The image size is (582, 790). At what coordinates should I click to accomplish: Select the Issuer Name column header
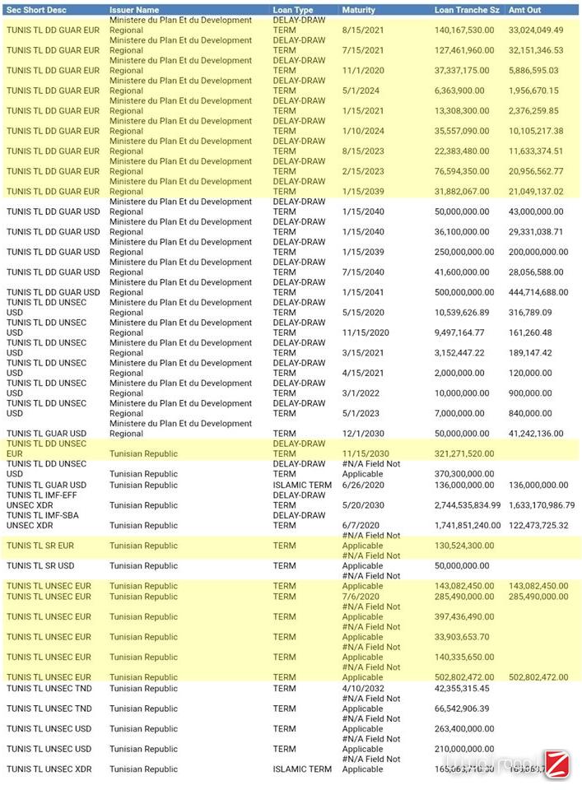(134, 10)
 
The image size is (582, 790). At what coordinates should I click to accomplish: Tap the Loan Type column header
(293, 10)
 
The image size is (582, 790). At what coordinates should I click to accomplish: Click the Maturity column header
(358, 10)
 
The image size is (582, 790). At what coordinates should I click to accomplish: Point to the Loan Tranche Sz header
(466, 10)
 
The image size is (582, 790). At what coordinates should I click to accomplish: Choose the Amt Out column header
(525, 10)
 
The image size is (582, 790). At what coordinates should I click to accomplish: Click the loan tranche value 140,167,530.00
(464, 30)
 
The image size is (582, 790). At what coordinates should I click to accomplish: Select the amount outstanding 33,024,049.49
(536, 30)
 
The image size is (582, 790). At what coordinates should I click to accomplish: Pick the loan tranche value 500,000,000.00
(464, 292)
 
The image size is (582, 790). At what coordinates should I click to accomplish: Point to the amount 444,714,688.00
(538, 292)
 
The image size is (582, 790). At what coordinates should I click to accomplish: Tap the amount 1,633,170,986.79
(541, 505)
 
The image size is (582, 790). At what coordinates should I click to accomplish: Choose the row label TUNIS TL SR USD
(46, 566)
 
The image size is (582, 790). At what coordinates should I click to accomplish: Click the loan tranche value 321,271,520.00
(464, 454)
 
